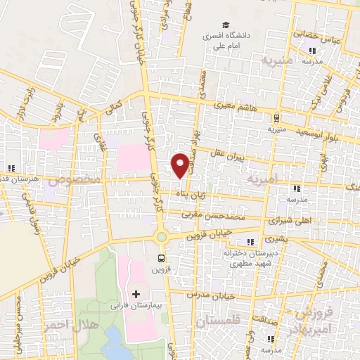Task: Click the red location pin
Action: click(181, 165)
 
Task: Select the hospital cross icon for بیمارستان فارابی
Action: click(136, 293)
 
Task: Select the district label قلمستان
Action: click(217, 321)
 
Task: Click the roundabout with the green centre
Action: click(161, 237)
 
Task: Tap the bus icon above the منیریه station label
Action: click(276, 118)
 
